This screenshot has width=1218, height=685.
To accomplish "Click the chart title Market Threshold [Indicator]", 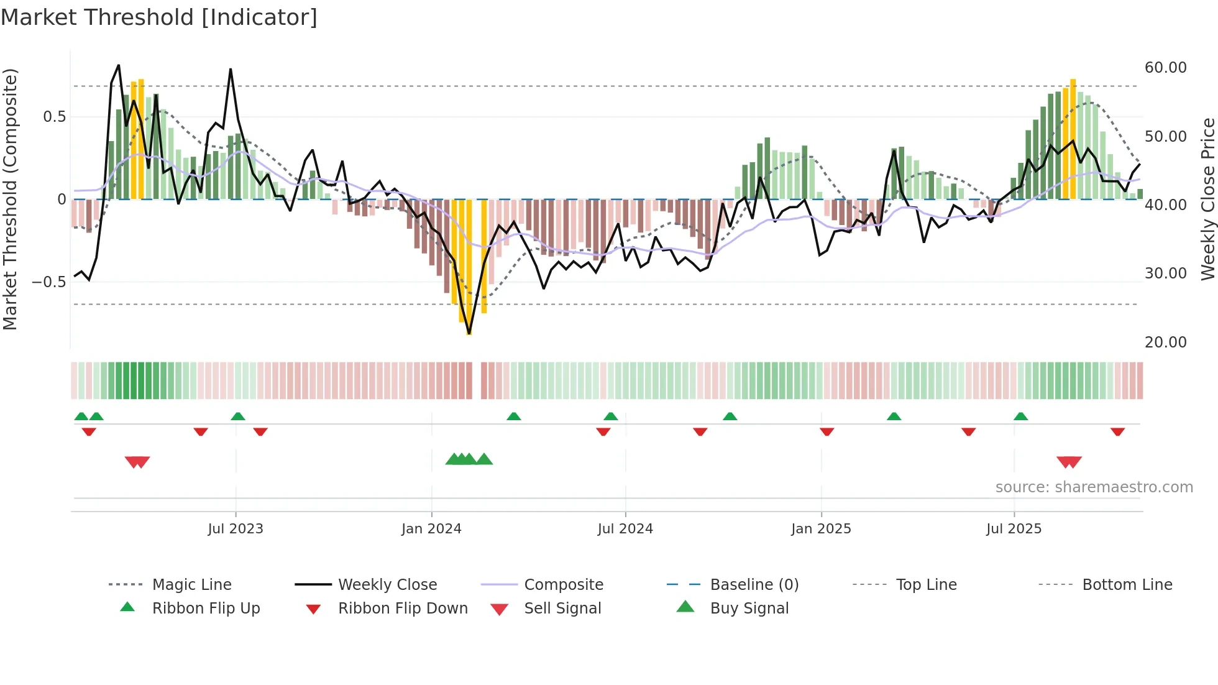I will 159,17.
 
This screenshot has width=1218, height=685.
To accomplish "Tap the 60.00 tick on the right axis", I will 1165,68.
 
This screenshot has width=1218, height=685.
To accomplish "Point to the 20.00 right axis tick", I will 1165,342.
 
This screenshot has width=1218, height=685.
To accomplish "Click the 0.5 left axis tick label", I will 54,117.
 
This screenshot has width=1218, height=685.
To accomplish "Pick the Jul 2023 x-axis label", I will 236,529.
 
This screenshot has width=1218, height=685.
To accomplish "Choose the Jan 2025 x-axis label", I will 821,529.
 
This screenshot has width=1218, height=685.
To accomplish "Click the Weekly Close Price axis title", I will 1207,199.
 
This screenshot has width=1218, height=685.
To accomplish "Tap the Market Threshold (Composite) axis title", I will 10,199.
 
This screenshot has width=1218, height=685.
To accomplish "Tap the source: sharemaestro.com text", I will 1094,487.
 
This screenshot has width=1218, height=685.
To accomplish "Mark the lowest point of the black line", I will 469,334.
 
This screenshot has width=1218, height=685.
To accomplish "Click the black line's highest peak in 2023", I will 119,65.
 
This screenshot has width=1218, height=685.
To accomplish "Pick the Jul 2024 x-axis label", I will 625,529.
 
